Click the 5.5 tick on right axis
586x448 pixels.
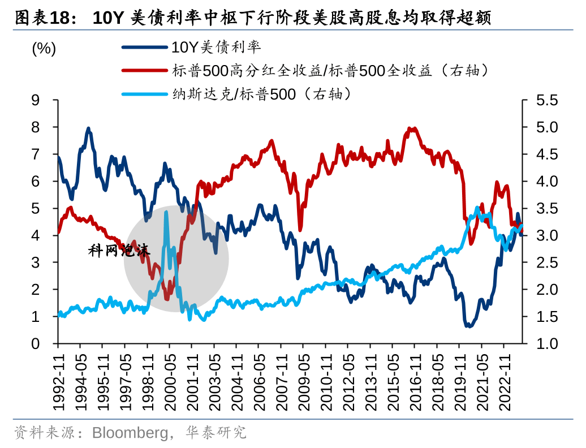546,100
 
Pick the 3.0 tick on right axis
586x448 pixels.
546,235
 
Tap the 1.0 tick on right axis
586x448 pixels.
546,343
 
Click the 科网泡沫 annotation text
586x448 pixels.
119,251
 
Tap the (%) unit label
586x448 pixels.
44,49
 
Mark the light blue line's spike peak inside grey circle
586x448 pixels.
166,213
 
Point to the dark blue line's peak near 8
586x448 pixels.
89,130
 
